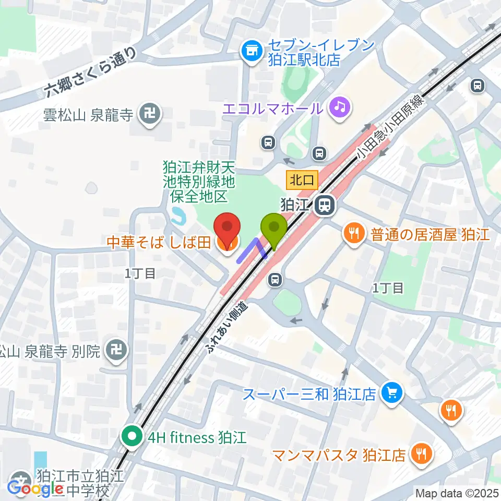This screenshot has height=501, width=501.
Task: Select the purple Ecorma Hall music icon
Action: (x=340, y=108)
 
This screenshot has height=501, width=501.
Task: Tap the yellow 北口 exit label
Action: (x=302, y=181)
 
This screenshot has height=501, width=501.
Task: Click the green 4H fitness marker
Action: (x=131, y=436)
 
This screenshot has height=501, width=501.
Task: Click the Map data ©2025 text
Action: (x=457, y=493)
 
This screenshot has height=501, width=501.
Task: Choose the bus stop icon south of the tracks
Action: (x=275, y=280)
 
